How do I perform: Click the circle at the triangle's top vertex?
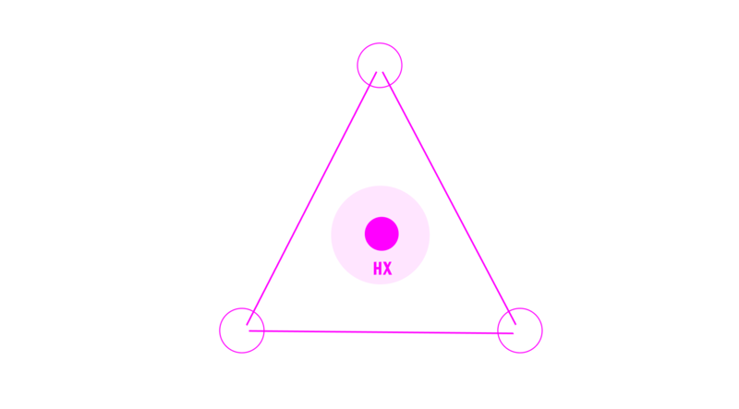(x=380, y=43)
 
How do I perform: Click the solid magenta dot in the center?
(x=382, y=234)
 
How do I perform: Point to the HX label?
(x=382, y=269)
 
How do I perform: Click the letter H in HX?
(x=378, y=269)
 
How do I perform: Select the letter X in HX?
(x=387, y=269)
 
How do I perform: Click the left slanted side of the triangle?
(x=311, y=198)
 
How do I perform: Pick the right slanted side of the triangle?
(x=449, y=198)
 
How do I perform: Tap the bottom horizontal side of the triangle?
(x=381, y=332)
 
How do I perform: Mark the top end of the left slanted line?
(x=376, y=72)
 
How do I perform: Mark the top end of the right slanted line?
(x=382, y=72)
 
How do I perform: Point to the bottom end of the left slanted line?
(x=247, y=325)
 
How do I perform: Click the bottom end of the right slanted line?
(x=515, y=325)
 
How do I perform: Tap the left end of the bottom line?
(x=249, y=331)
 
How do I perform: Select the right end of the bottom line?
(x=514, y=333)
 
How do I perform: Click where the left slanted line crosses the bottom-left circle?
(x=253, y=311)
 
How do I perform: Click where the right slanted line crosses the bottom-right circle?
(x=509, y=311)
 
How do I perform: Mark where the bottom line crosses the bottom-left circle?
(x=264, y=331)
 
